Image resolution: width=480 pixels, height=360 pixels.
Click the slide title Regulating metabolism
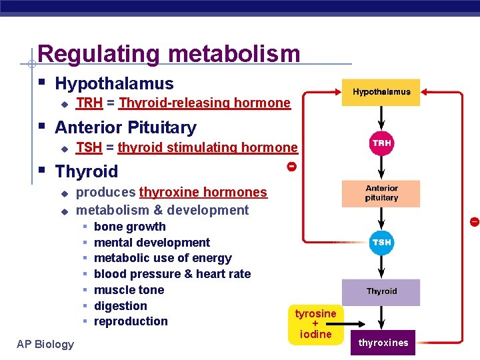click(169, 53)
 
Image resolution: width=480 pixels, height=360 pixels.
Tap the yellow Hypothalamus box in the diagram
click(381, 92)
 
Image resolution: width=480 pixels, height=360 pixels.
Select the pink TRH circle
click(381, 143)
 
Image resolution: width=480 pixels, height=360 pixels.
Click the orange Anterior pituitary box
click(381, 193)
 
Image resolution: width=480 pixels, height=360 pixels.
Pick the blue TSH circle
click(381, 243)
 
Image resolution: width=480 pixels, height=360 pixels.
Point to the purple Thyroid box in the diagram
click(381, 292)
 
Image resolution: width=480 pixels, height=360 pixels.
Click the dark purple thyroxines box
click(383, 343)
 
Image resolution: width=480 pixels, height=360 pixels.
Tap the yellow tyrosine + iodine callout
click(316, 324)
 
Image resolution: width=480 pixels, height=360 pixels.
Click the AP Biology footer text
click(45, 344)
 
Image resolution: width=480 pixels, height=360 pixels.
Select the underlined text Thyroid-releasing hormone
click(205, 103)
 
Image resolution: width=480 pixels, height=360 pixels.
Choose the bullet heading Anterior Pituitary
click(125, 127)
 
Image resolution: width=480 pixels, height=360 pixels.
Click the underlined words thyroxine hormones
click(203, 193)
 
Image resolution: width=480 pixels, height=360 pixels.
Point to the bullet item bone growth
click(130, 227)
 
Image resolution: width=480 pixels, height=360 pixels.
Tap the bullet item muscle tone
click(129, 290)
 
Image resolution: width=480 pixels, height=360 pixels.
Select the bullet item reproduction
click(131, 321)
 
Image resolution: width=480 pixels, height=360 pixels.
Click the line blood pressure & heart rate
click(172, 274)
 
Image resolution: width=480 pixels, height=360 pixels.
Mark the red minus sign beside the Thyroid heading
click(291, 166)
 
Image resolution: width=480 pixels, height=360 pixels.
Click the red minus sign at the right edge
click(474, 221)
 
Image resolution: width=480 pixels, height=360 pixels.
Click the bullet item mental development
click(152, 243)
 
